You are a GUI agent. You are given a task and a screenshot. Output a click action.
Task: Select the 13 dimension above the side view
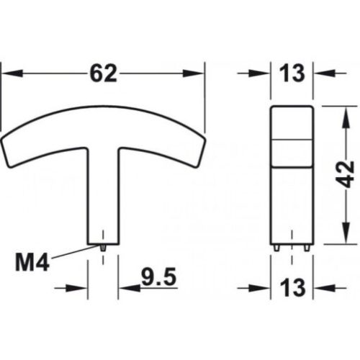(x=294, y=72)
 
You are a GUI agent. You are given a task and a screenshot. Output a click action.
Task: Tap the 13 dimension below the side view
(x=294, y=288)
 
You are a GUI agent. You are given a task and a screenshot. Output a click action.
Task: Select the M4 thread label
(x=32, y=262)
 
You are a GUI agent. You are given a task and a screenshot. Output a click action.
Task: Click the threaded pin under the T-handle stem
(x=104, y=246)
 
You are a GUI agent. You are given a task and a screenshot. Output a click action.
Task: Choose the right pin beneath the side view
(x=307, y=247)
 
